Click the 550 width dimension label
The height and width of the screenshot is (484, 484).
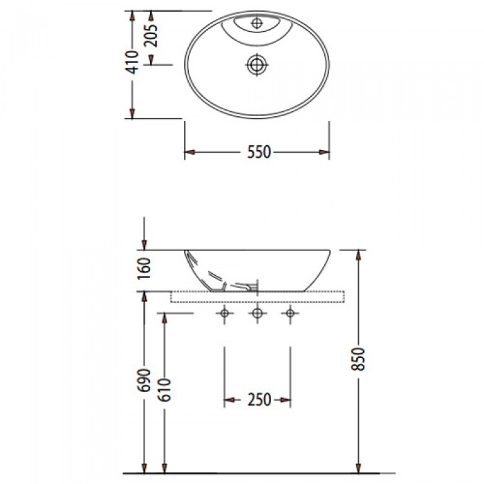point(259,152)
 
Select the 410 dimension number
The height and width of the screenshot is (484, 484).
point(132,62)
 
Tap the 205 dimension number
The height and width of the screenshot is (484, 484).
point(151,35)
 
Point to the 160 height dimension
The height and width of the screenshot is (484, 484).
point(144,268)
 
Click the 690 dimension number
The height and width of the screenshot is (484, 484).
point(144,380)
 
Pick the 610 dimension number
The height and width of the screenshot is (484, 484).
point(165,390)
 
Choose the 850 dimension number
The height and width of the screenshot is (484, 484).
point(358,359)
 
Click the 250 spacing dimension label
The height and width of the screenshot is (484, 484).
point(259,400)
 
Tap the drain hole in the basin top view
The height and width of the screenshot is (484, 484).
point(257,65)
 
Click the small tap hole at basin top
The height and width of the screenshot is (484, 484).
point(257,23)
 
